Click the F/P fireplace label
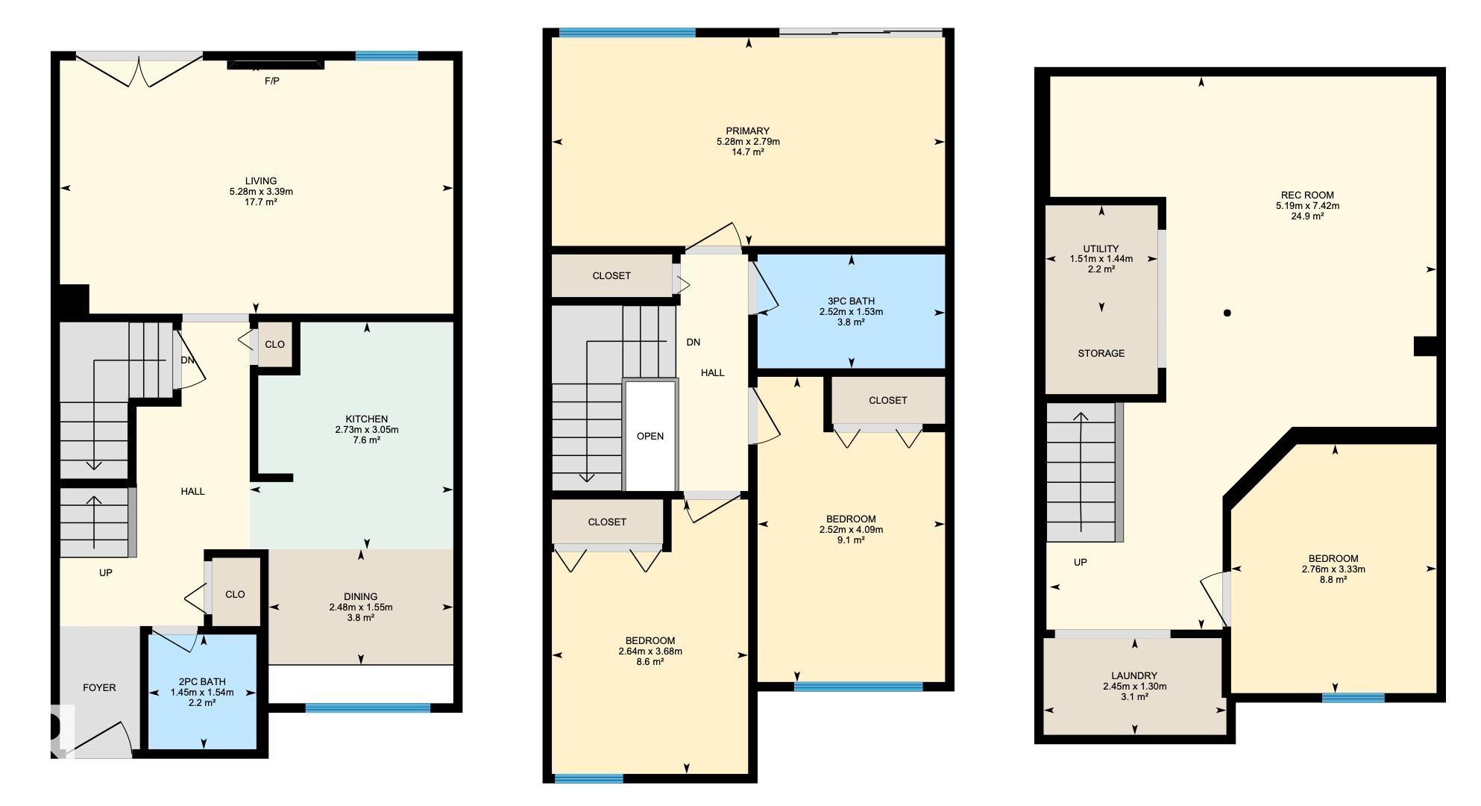[x=272, y=81]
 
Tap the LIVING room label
[x=261, y=181]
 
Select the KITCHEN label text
[x=366, y=419]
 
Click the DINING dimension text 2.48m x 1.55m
[x=361, y=607]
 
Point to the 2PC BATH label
[x=202, y=681]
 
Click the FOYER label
[x=99, y=687]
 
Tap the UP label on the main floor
[x=106, y=572]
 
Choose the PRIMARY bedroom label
[x=748, y=131]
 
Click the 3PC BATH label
[x=851, y=301]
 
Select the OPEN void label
[x=650, y=436]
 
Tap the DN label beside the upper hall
[x=694, y=342]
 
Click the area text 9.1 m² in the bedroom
[x=851, y=540]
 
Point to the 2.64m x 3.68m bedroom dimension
[x=650, y=651]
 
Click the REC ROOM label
[x=1307, y=195]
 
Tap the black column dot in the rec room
[x=1227, y=313]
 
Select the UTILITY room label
[x=1101, y=249]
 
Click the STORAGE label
[x=1101, y=353]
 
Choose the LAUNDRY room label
[x=1134, y=675]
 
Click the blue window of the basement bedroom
[x=1353, y=698]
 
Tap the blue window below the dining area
[x=368, y=707]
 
